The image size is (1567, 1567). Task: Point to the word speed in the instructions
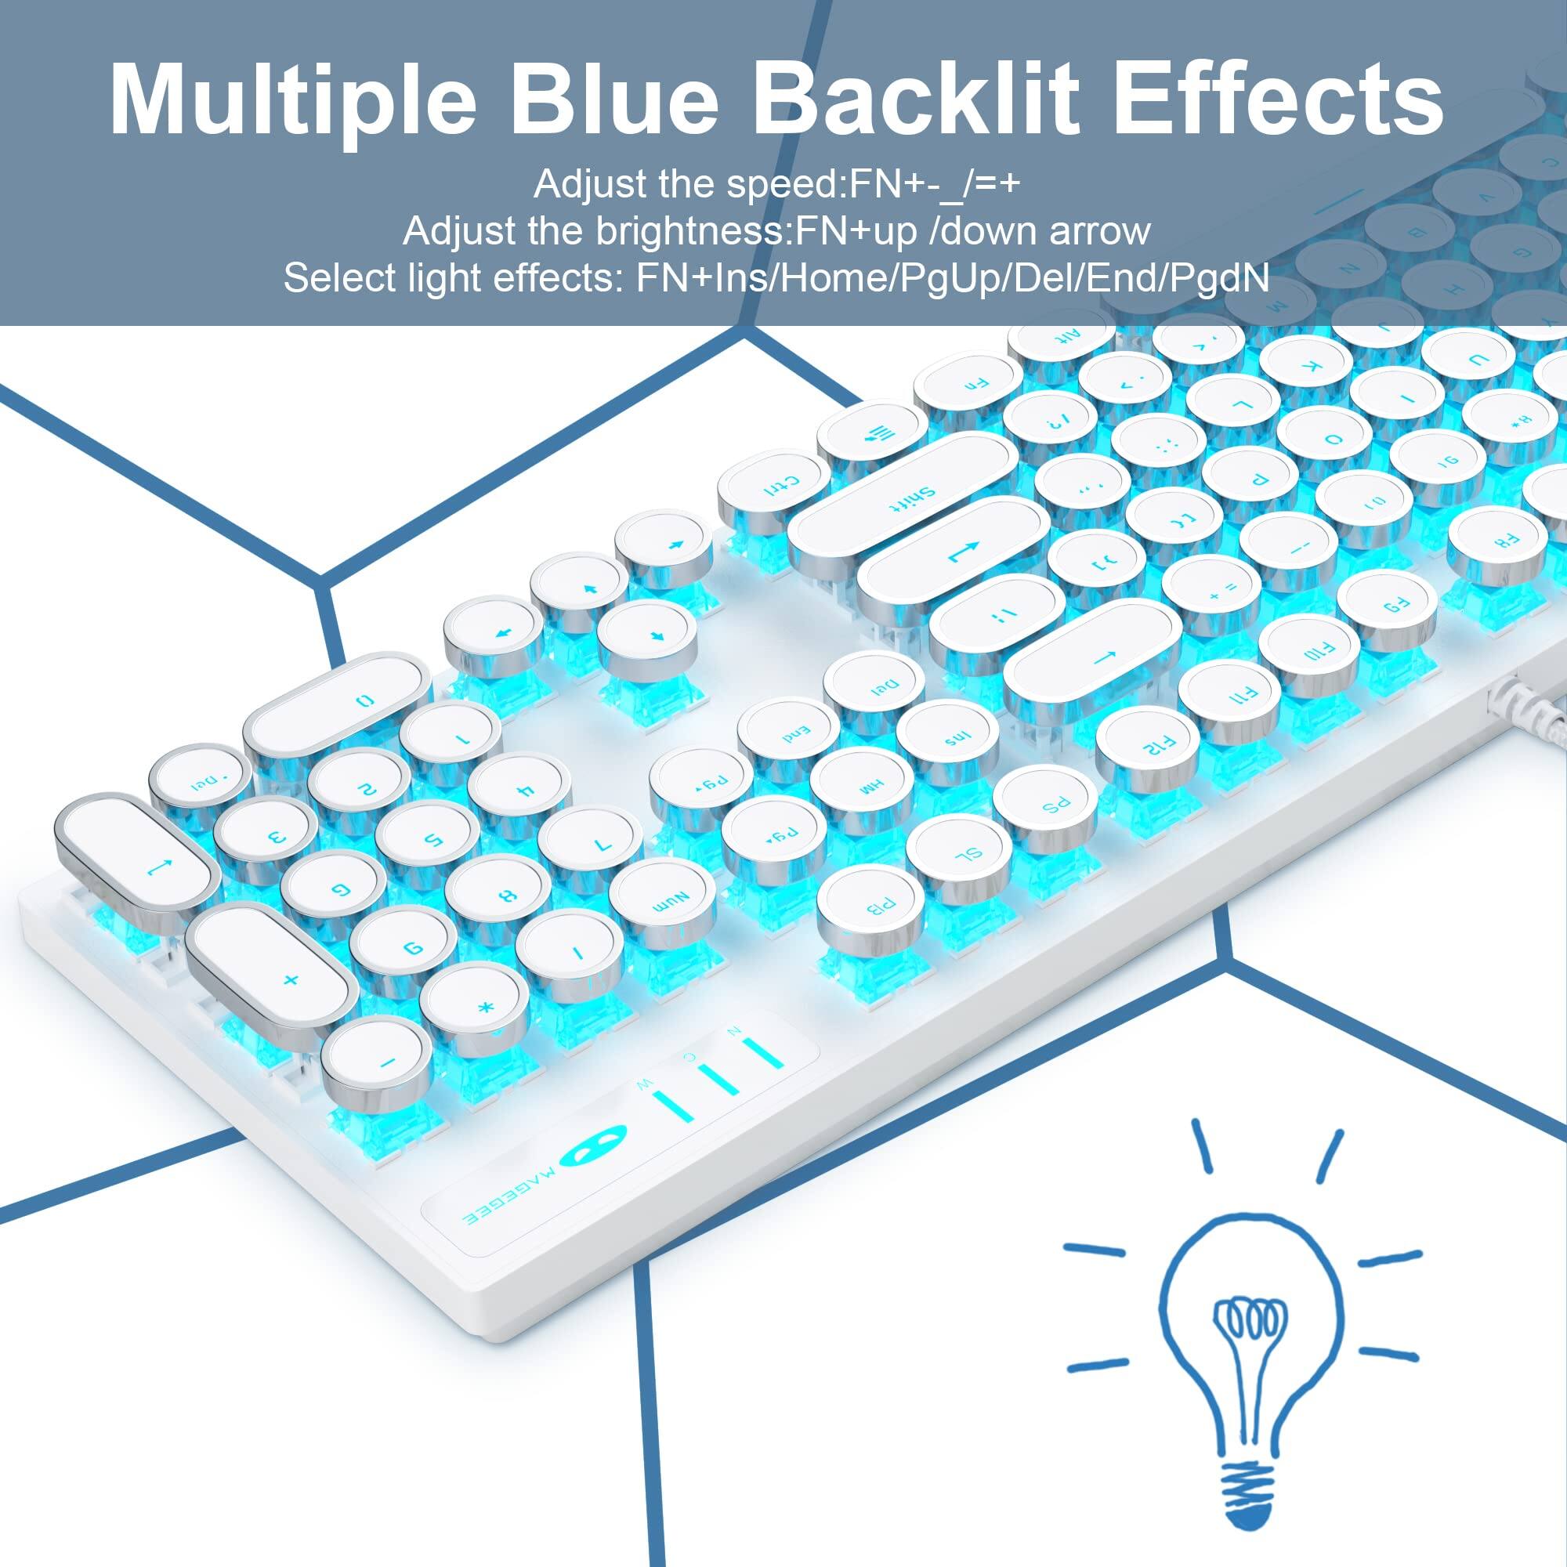(780, 184)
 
